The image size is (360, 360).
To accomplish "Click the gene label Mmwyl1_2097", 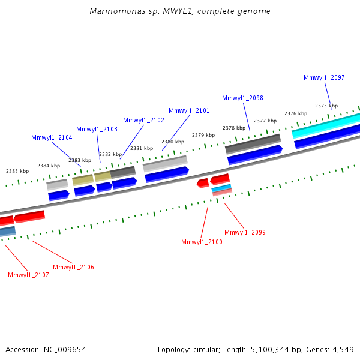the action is point(324,77).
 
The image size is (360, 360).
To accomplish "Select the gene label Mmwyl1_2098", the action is point(242,98).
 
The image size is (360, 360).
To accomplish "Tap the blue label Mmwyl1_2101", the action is point(189,110).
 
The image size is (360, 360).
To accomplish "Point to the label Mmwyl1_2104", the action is point(52,137).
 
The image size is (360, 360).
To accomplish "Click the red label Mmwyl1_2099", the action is point(245,232).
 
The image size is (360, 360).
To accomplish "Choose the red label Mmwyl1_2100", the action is point(202,242).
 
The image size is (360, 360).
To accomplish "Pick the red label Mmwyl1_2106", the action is point(73,267).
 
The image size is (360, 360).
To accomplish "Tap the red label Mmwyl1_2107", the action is point(28,275).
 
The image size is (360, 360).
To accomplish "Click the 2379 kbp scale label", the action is point(203,135).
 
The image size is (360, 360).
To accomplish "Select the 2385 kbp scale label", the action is point(17,171).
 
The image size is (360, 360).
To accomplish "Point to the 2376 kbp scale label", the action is point(296,113).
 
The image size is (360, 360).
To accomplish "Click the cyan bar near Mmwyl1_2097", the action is point(326,126).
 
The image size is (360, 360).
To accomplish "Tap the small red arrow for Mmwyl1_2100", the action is point(203,183).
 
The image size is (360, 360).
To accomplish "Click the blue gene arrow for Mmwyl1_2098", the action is point(255,155).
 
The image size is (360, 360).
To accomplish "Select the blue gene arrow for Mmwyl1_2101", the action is point(167,175).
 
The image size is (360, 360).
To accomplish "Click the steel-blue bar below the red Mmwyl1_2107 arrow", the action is point(8,232).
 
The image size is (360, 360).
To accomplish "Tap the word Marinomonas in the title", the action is point(118,11).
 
